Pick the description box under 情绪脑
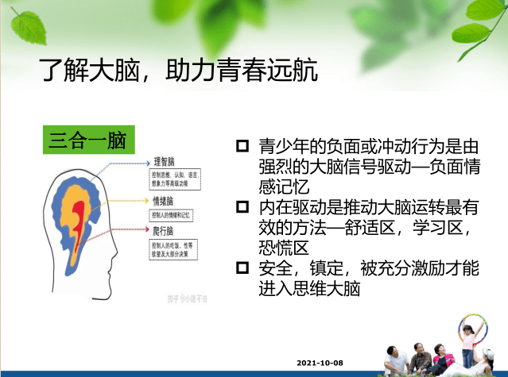pos(172,214)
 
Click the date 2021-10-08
pos(320,362)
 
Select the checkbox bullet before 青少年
pos(242,147)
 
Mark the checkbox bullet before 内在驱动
pos(242,208)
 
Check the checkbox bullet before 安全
pos(242,269)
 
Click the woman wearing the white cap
pos(440,356)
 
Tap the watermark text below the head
pos(187,298)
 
